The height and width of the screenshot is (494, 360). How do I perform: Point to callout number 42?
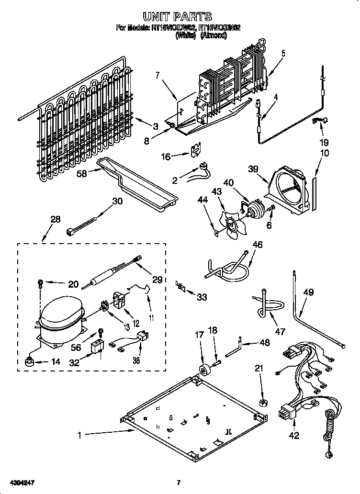tap(294, 435)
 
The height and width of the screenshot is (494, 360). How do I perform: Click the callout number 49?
tap(308, 292)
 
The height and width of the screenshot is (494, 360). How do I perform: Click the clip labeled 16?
tap(195, 151)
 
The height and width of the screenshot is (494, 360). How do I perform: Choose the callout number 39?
tap(254, 168)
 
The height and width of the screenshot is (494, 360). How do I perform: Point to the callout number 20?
tap(72, 284)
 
